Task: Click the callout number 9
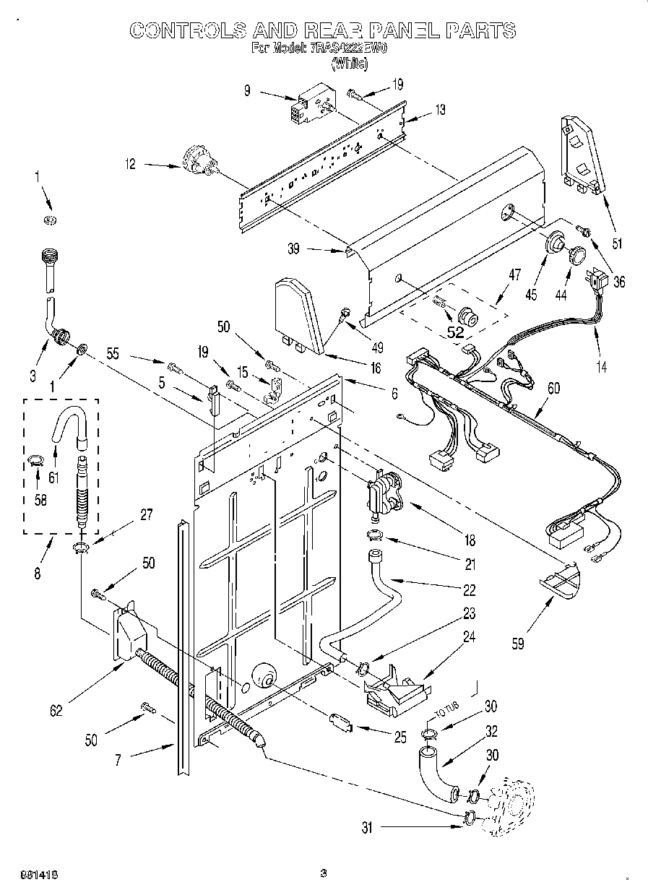click(x=247, y=91)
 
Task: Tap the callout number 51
click(x=615, y=243)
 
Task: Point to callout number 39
click(x=293, y=248)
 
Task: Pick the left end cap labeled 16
click(x=297, y=313)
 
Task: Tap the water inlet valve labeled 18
click(x=384, y=493)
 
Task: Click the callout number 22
click(x=470, y=590)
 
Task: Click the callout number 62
click(x=56, y=709)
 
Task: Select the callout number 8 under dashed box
click(x=37, y=575)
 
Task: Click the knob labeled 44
click(x=576, y=255)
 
